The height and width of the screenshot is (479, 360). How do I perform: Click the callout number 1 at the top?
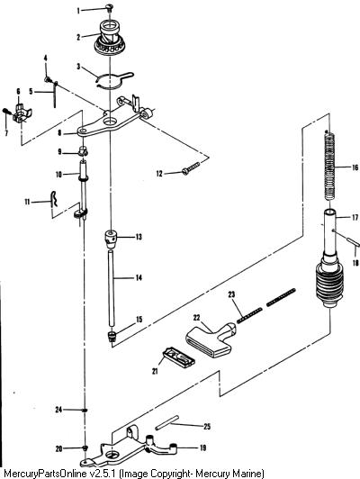(x=78, y=11)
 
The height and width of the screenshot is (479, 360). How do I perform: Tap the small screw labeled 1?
(x=109, y=7)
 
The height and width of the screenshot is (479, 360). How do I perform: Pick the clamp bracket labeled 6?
(x=22, y=113)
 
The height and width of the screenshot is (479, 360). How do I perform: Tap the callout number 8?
(x=59, y=133)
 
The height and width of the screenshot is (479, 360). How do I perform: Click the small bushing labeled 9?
(x=83, y=150)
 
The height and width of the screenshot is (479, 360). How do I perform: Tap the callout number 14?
(x=139, y=277)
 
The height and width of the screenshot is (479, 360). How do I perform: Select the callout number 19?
(x=202, y=447)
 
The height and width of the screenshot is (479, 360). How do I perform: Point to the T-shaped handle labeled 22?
(x=211, y=339)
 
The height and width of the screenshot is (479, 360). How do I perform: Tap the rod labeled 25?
(x=166, y=423)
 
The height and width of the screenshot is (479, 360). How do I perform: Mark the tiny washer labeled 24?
(x=85, y=410)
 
